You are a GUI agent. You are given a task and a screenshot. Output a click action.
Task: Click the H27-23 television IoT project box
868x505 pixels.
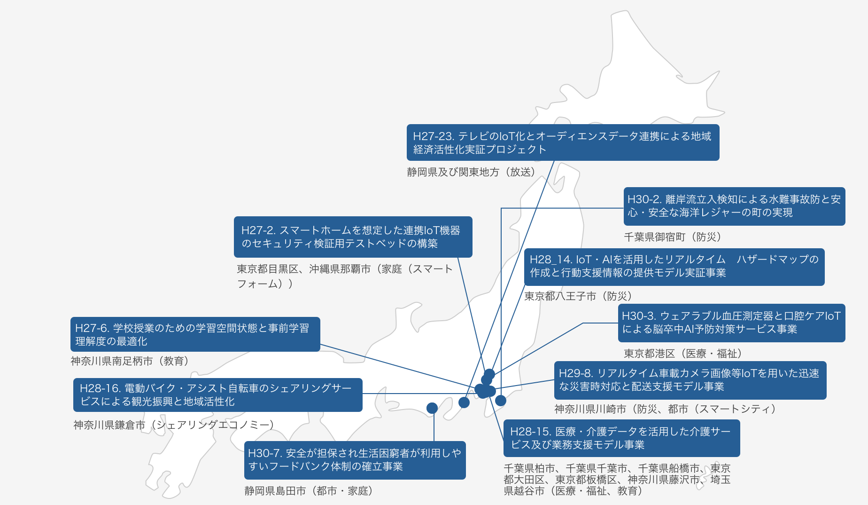[x=563, y=142]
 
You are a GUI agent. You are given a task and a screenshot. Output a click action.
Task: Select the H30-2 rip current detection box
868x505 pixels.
[x=734, y=206]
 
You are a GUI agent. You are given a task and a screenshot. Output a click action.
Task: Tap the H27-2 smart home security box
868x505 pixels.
[x=353, y=237]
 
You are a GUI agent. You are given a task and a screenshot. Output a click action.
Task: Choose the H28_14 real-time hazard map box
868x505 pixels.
[x=674, y=267]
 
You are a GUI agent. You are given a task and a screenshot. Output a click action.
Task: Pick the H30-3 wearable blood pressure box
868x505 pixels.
[x=731, y=323]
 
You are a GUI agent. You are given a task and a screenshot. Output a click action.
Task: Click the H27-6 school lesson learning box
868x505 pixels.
[x=195, y=334]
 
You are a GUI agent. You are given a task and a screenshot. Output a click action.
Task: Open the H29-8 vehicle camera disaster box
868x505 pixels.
[x=690, y=380]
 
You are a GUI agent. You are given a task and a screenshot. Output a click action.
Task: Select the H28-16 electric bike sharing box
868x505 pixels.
[x=218, y=395]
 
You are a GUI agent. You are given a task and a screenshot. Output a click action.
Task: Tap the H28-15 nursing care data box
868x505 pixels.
[x=621, y=438]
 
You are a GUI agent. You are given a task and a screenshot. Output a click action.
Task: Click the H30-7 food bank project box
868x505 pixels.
[x=355, y=460]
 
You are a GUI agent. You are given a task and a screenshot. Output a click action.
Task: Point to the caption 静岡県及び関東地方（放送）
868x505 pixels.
[x=472, y=172]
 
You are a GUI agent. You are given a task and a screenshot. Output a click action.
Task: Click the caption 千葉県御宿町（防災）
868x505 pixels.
[x=673, y=237]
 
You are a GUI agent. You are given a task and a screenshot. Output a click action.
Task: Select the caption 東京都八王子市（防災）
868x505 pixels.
[x=578, y=296]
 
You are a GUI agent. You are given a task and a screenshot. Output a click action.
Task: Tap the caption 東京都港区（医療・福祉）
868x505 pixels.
[x=683, y=354]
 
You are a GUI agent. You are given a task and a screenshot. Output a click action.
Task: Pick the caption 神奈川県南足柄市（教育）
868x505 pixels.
[x=130, y=361]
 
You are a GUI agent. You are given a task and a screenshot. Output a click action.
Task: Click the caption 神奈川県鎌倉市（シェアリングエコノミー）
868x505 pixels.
[x=174, y=425]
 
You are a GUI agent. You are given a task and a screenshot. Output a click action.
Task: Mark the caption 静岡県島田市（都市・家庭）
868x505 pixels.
[x=309, y=491]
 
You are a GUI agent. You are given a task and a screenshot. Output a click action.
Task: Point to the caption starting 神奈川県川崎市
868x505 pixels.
[x=665, y=409]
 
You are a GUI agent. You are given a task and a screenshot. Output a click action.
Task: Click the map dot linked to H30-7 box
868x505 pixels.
[x=432, y=408]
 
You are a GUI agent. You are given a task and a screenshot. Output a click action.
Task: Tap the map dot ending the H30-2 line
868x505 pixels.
[x=501, y=401]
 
